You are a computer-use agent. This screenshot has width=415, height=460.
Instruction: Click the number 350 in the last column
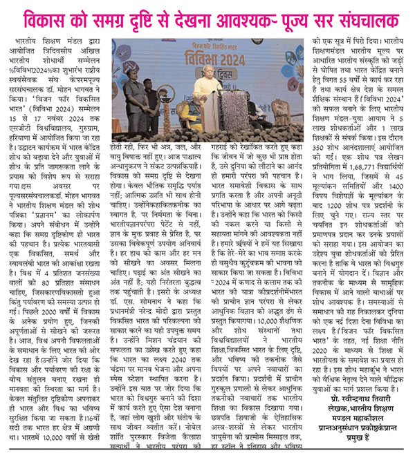coord(322,147)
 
